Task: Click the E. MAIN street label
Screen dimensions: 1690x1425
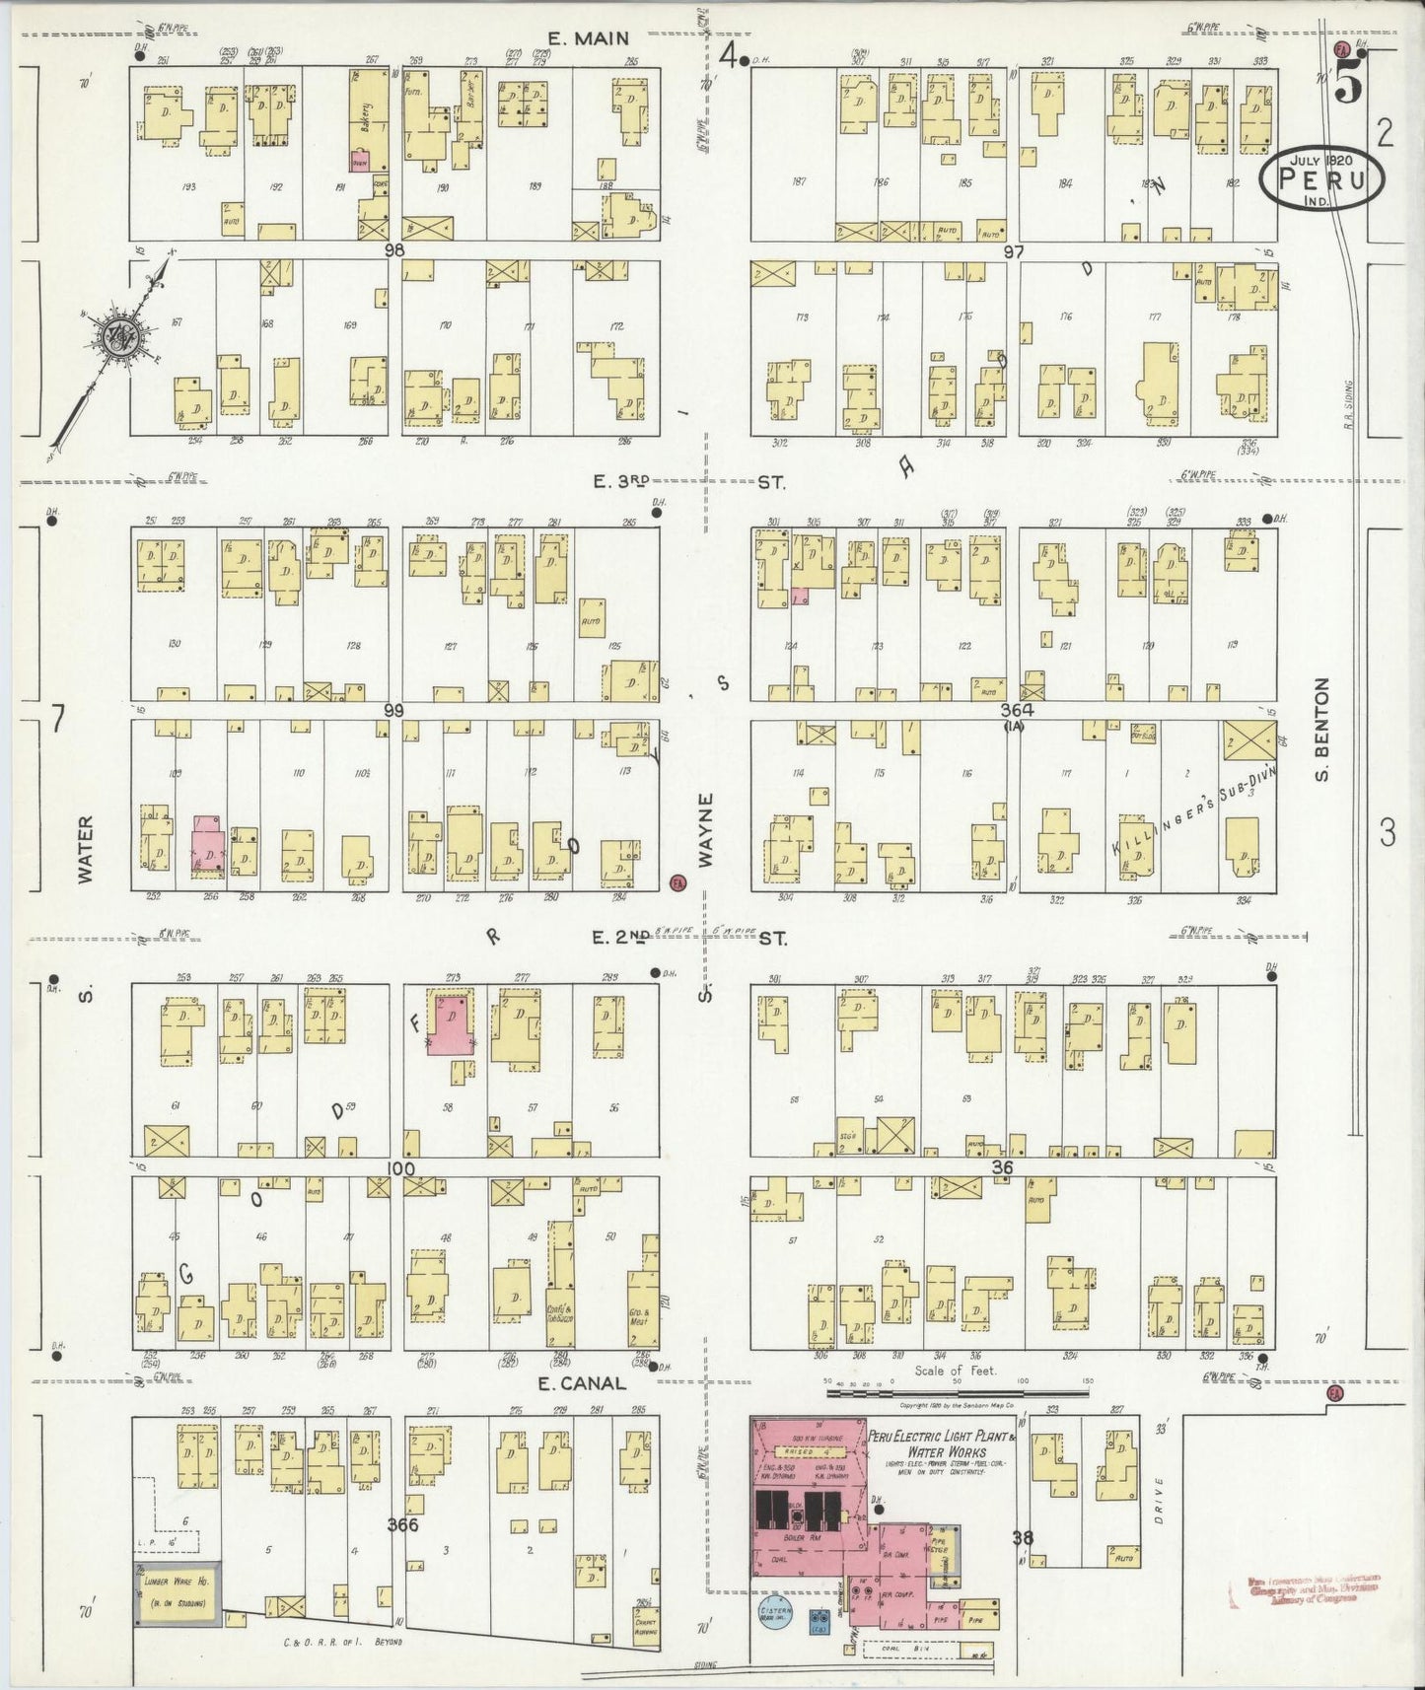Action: (x=581, y=39)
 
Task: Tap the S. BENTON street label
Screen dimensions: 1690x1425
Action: (x=1322, y=730)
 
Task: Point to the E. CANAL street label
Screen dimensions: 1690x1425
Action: (x=581, y=1383)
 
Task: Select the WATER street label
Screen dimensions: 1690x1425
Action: (x=85, y=848)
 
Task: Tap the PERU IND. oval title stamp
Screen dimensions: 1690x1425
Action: (x=1321, y=178)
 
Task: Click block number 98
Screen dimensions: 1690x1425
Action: (x=395, y=250)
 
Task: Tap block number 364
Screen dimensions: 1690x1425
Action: (x=1014, y=710)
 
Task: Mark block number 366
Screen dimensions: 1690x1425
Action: (x=402, y=1525)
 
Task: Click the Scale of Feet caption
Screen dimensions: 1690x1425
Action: (x=956, y=1371)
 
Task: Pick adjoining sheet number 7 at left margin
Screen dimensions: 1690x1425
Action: (x=57, y=722)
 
